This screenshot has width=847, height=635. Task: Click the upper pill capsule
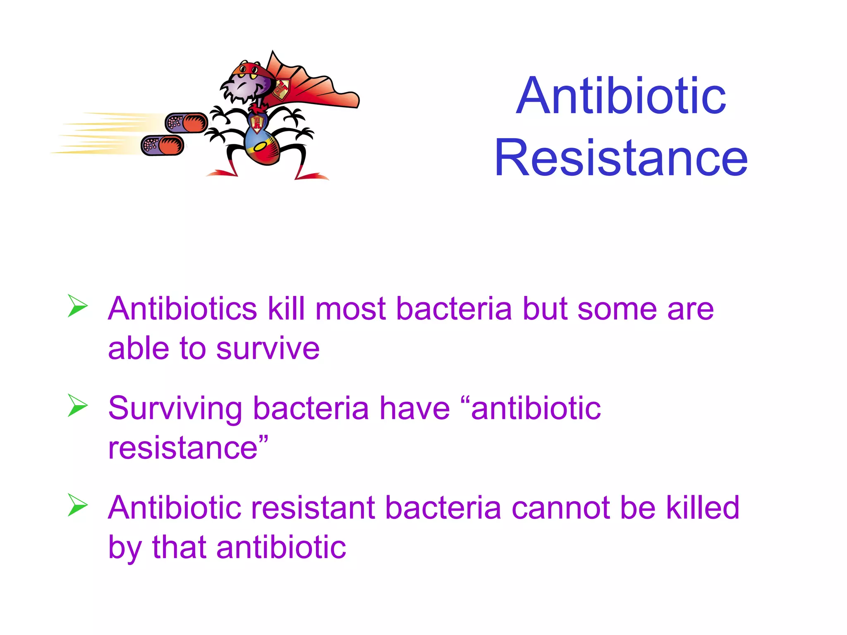[186, 123]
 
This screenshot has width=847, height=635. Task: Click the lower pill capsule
[163, 146]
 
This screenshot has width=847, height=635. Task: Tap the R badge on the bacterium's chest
[257, 122]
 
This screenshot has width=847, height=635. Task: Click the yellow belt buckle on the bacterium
[261, 147]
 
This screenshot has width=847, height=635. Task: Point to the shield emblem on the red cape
[281, 89]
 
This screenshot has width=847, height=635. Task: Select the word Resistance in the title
[621, 158]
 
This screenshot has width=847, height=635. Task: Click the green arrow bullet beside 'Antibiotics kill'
[77, 306]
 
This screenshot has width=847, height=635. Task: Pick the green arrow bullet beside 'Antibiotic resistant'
[77, 505]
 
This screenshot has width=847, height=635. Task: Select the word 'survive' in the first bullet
[268, 349]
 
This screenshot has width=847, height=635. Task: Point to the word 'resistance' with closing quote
[188, 448]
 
